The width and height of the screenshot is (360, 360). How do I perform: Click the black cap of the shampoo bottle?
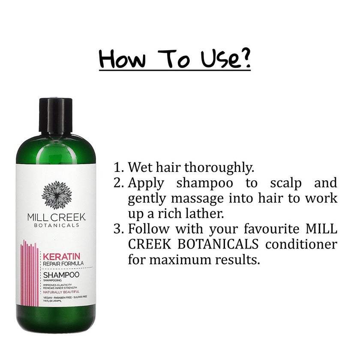tap(55, 116)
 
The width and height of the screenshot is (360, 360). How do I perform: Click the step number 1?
tap(118, 167)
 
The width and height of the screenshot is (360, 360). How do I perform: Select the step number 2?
tap(118, 183)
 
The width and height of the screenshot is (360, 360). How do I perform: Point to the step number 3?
tap(118, 229)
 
